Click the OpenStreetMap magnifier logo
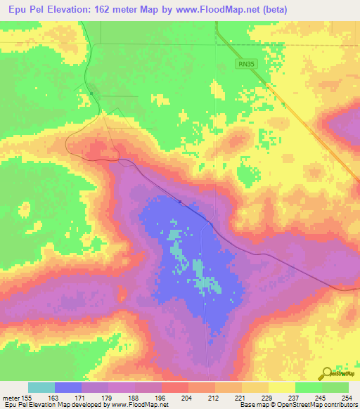(x=327, y=373)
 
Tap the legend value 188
(x=134, y=398)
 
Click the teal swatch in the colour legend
(x=41, y=388)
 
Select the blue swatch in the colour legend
(x=68, y=388)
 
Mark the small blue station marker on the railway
(x=180, y=202)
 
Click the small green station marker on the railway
(x=91, y=92)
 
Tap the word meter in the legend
(x=10, y=398)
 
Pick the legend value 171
(x=81, y=398)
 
